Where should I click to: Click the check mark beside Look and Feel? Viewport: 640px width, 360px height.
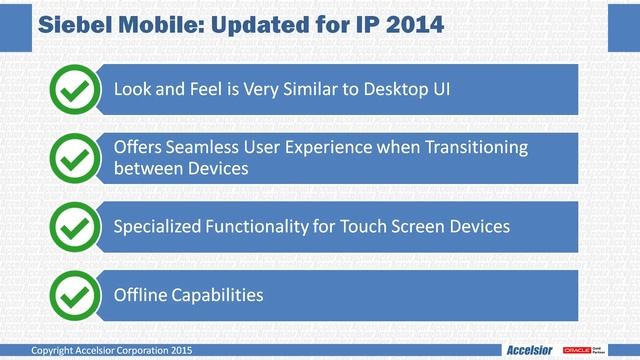click(x=72, y=90)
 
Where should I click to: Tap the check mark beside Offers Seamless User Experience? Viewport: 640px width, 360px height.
click(x=72, y=158)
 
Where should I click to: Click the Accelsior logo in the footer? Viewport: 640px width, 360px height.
click(x=531, y=351)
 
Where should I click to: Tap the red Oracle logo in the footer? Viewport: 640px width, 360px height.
click(x=577, y=351)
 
